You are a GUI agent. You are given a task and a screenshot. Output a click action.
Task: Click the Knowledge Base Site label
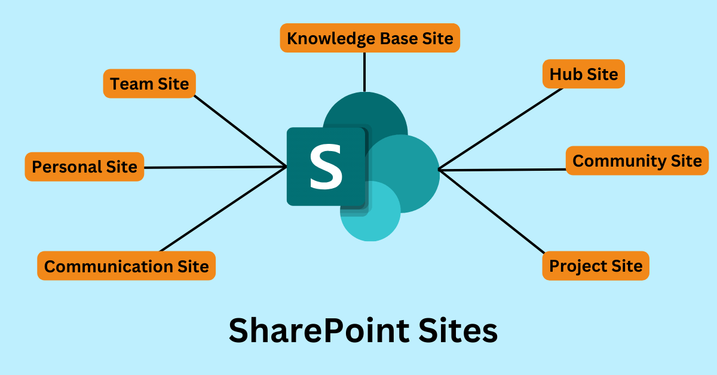click(x=370, y=38)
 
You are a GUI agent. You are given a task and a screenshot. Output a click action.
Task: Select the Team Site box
click(x=149, y=84)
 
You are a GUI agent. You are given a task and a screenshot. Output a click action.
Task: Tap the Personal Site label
click(x=84, y=167)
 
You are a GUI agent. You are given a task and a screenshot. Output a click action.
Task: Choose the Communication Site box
click(x=126, y=266)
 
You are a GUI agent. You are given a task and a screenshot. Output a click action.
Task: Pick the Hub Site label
click(x=583, y=74)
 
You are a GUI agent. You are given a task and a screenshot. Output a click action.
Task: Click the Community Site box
click(x=637, y=161)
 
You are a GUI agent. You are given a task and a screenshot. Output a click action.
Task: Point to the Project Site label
click(x=595, y=266)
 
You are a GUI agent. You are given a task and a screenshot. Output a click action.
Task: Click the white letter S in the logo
click(x=326, y=168)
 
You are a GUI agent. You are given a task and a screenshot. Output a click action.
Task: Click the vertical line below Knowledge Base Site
click(x=364, y=72)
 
